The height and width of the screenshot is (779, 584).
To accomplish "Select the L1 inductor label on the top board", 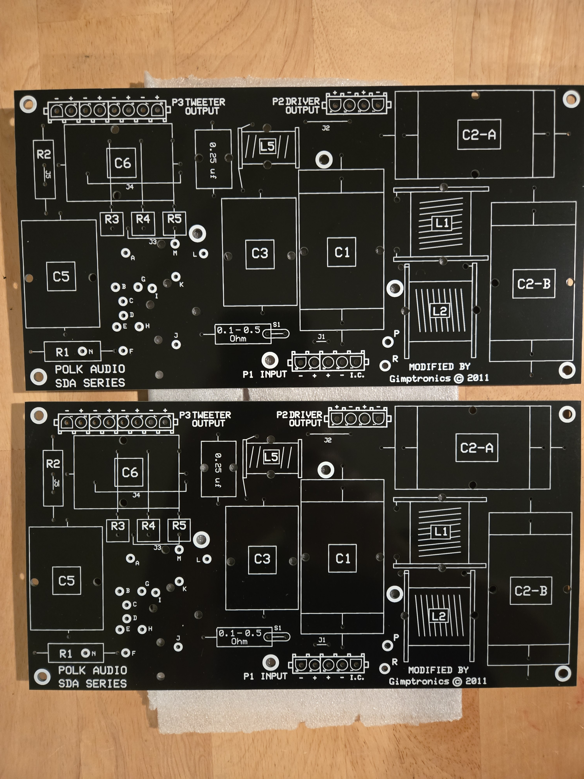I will click(x=442, y=223).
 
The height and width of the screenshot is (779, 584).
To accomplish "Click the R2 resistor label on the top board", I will click(x=44, y=154).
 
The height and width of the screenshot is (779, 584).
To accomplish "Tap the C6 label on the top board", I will click(x=122, y=163).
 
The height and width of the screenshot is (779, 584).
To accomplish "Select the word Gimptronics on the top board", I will click(x=420, y=379).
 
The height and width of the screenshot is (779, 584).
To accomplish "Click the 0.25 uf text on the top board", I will click(x=213, y=160).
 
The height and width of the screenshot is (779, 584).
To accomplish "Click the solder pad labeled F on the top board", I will click(x=123, y=351).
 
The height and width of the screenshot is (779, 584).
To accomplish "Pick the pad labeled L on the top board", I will click(x=203, y=254).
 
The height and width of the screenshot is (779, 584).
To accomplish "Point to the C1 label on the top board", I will click(x=341, y=252).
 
